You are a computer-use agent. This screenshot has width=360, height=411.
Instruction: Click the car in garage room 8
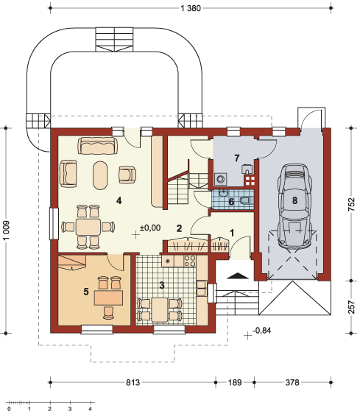tap(294, 205)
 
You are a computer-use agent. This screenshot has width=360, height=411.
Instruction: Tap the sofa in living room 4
tap(97, 145)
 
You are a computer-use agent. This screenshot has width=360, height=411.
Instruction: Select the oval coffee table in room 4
tap(100, 175)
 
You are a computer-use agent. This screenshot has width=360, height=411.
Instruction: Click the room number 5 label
tap(86, 292)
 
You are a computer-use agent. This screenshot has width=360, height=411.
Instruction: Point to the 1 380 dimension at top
tap(191, 8)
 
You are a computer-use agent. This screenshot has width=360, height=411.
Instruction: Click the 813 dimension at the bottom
tap(133, 382)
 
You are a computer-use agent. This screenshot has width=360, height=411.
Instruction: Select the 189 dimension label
tap(235, 382)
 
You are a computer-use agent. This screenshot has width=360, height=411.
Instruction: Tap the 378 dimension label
tap(292, 382)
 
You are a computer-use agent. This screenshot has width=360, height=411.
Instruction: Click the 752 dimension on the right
tap(351, 204)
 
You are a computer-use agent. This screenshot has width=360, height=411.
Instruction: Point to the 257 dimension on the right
tap(351, 307)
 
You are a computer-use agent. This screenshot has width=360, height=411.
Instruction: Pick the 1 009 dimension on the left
tap(6, 230)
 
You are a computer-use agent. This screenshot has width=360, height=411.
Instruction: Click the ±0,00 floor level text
tap(150, 228)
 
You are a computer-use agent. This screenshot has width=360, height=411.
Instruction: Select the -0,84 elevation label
tap(262, 331)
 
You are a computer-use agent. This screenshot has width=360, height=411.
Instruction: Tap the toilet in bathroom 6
tap(245, 201)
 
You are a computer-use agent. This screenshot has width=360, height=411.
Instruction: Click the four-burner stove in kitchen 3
tap(190, 261)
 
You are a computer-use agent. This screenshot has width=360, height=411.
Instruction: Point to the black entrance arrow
tap(237, 275)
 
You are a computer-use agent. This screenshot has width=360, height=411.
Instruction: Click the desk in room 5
tap(108, 298)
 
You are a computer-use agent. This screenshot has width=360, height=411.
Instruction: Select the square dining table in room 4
tap(88, 227)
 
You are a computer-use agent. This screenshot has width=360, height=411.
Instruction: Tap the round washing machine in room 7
tap(220, 179)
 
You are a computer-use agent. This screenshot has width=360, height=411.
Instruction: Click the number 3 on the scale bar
tap(70, 408)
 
